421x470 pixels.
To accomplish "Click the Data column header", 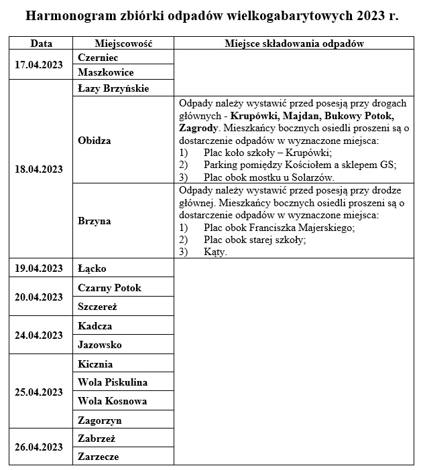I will coord(41,44).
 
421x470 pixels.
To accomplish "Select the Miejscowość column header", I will coord(123,44).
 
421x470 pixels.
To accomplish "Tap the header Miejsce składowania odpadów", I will coord(294,44).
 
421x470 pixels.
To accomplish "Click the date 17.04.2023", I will coord(39,65).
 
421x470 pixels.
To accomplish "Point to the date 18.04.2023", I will coord(39,169).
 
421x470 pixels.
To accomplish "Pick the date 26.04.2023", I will coord(39,447).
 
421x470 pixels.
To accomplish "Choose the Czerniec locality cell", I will coord(99,58).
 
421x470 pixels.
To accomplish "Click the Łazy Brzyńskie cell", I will coord(113,88).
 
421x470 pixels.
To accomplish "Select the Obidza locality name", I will coord(95,141).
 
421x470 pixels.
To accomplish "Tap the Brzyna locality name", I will coord(95,220).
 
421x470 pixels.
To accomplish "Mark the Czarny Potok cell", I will coord(109,287).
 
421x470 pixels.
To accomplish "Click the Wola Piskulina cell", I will coord(113,382).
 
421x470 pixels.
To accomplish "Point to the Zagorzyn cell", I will coord(100,420).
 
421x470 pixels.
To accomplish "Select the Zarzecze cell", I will coord(99,456).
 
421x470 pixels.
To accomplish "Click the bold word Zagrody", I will coord(198,127).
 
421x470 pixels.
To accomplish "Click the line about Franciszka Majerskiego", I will coord(279,227).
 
